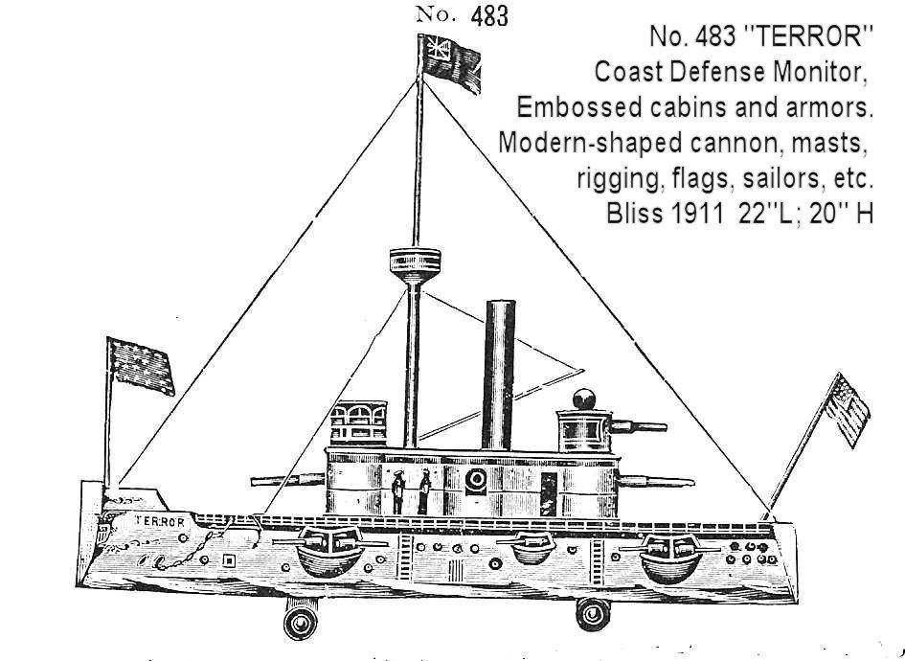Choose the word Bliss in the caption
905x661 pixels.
(x=633, y=213)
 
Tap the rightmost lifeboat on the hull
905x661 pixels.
(x=672, y=559)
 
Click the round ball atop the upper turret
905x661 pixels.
(x=584, y=399)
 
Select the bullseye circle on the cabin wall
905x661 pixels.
(x=473, y=480)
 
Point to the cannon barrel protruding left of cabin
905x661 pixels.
(x=287, y=476)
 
